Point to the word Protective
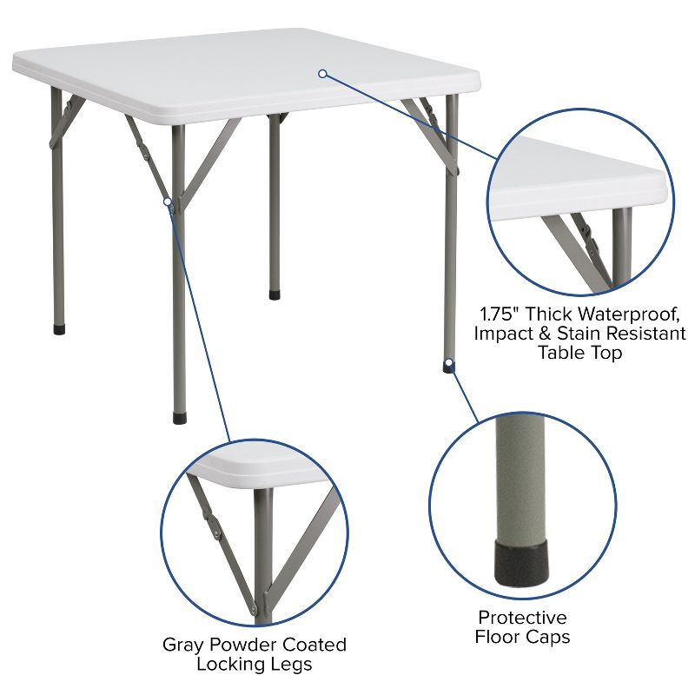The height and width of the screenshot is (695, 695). click(522, 618)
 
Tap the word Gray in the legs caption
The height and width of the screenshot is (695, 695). click(182, 645)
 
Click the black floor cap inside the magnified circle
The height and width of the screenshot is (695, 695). click(522, 560)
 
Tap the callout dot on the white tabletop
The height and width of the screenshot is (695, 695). click(321, 74)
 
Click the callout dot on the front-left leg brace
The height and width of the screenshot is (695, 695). click(168, 202)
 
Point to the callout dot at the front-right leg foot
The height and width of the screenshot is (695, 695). click(448, 361)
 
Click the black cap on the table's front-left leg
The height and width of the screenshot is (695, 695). click(179, 418)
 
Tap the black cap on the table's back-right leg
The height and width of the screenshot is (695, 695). click(275, 295)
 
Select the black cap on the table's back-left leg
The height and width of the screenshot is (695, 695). click(59, 330)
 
